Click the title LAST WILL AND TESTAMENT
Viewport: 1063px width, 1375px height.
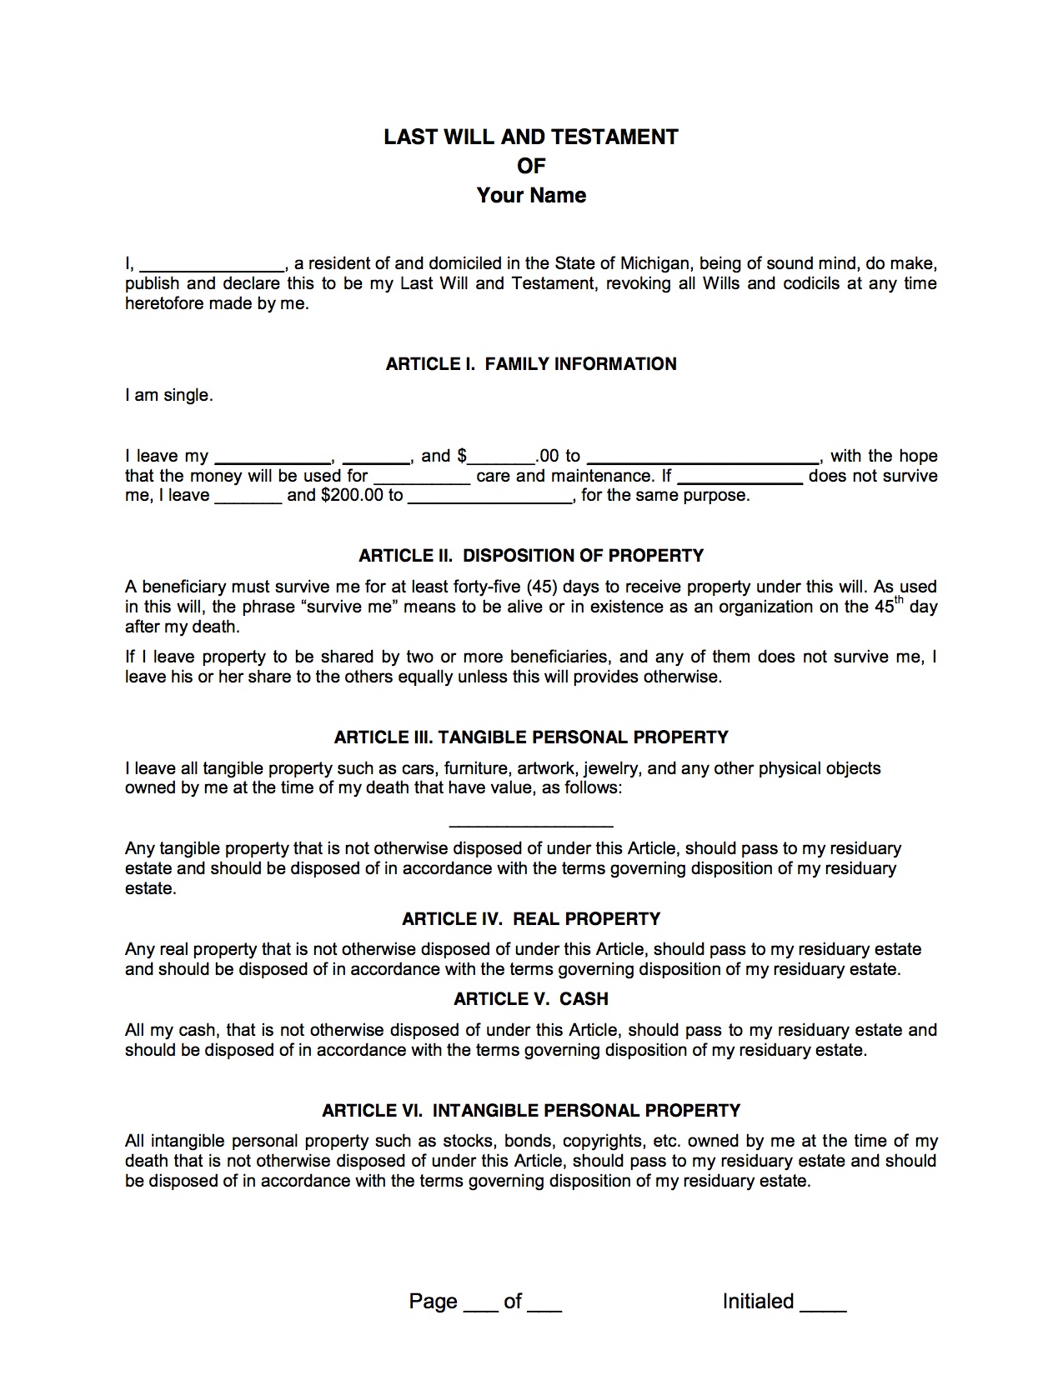[x=531, y=137]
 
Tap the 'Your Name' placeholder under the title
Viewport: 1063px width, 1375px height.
[x=531, y=196]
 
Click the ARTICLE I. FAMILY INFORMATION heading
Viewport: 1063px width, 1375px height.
[x=531, y=364]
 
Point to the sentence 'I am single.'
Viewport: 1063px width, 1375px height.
[x=169, y=396]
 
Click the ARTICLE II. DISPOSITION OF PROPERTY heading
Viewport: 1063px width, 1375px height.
[x=531, y=556]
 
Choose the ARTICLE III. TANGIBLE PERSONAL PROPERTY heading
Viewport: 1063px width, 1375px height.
[x=531, y=737]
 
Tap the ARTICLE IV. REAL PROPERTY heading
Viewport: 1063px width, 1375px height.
[x=531, y=919]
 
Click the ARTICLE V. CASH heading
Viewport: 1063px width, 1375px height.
[x=531, y=999]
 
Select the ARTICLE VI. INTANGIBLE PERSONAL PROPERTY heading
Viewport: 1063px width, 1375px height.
[x=531, y=1111]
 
